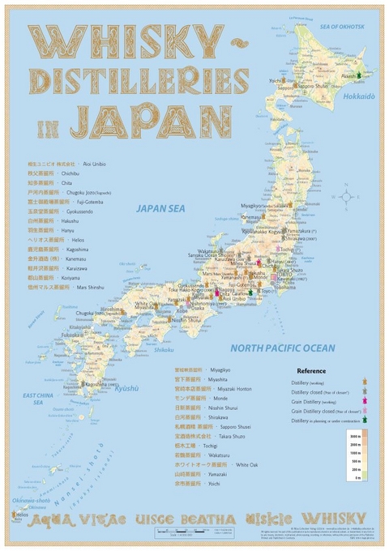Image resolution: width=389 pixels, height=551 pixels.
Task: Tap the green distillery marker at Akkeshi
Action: pos(356,74)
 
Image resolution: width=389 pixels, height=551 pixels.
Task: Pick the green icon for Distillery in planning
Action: pos(365,420)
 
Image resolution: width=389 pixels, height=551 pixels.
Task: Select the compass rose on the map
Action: pos(348,195)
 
